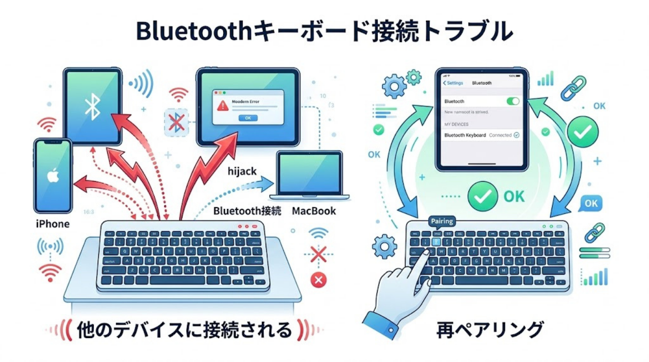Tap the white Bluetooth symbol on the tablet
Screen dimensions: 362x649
[92, 107]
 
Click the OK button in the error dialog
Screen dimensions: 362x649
[247, 118]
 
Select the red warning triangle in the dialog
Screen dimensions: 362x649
[223, 105]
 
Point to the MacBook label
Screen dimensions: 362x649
[313, 210]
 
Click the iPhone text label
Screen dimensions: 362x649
[53, 224]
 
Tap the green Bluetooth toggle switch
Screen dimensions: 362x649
[513, 101]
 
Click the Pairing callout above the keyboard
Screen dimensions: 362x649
[442, 222]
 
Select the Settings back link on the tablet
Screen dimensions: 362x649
[452, 83]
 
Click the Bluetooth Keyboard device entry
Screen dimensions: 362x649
[465, 135]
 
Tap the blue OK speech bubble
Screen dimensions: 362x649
[591, 203]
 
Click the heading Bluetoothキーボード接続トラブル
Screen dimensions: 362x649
[324, 31]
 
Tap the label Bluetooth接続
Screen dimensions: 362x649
[247, 210]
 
